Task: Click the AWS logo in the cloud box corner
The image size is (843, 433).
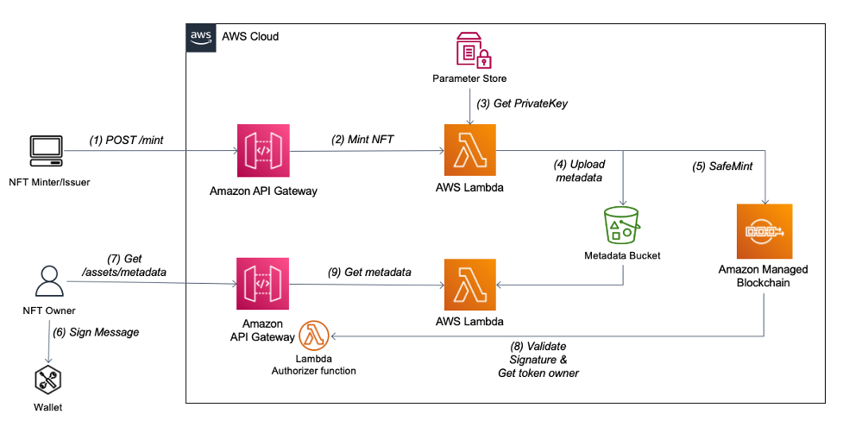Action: (199, 37)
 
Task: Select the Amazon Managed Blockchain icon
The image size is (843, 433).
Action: (763, 232)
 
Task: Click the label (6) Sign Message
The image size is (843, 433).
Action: (96, 331)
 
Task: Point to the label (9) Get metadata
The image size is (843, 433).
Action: (369, 272)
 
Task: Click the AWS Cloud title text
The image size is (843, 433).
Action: (250, 37)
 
